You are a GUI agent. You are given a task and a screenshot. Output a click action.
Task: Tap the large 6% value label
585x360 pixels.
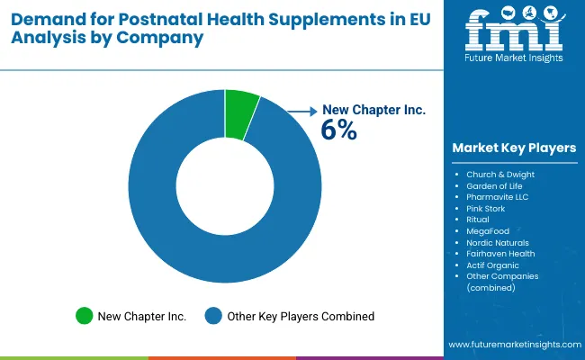pyautogui.click(x=339, y=130)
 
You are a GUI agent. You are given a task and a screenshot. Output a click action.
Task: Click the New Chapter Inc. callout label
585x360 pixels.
pyautogui.click(x=373, y=110)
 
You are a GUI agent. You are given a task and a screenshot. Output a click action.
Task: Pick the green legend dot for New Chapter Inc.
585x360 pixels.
pyautogui.click(x=85, y=316)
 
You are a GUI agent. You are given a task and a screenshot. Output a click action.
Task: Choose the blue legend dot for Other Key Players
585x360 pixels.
pyautogui.click(x=213, y=316)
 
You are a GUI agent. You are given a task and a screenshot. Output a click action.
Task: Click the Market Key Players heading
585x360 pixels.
pyautogui.click(x=514, y=148)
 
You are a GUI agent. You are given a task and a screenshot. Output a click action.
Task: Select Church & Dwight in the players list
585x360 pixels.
pyautogui.click(x=499, y=173)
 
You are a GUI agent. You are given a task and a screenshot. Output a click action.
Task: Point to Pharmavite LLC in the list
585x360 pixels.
pyautogui.click(x=497, y=195)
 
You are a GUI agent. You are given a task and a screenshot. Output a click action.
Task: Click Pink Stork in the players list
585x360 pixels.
pyautogui.click(x=487, y=207)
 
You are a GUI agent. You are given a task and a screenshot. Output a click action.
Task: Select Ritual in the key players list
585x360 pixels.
pyautogui.click(x=478, y=219)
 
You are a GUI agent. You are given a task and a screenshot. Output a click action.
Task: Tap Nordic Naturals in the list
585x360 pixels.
pyautogui.click(x=498, y=242)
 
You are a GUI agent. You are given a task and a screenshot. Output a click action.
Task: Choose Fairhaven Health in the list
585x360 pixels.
pyautogui.click(x=500, y=254)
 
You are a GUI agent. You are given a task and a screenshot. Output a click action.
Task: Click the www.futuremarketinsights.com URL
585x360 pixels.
pyautogui.click(x=513, y=345)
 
